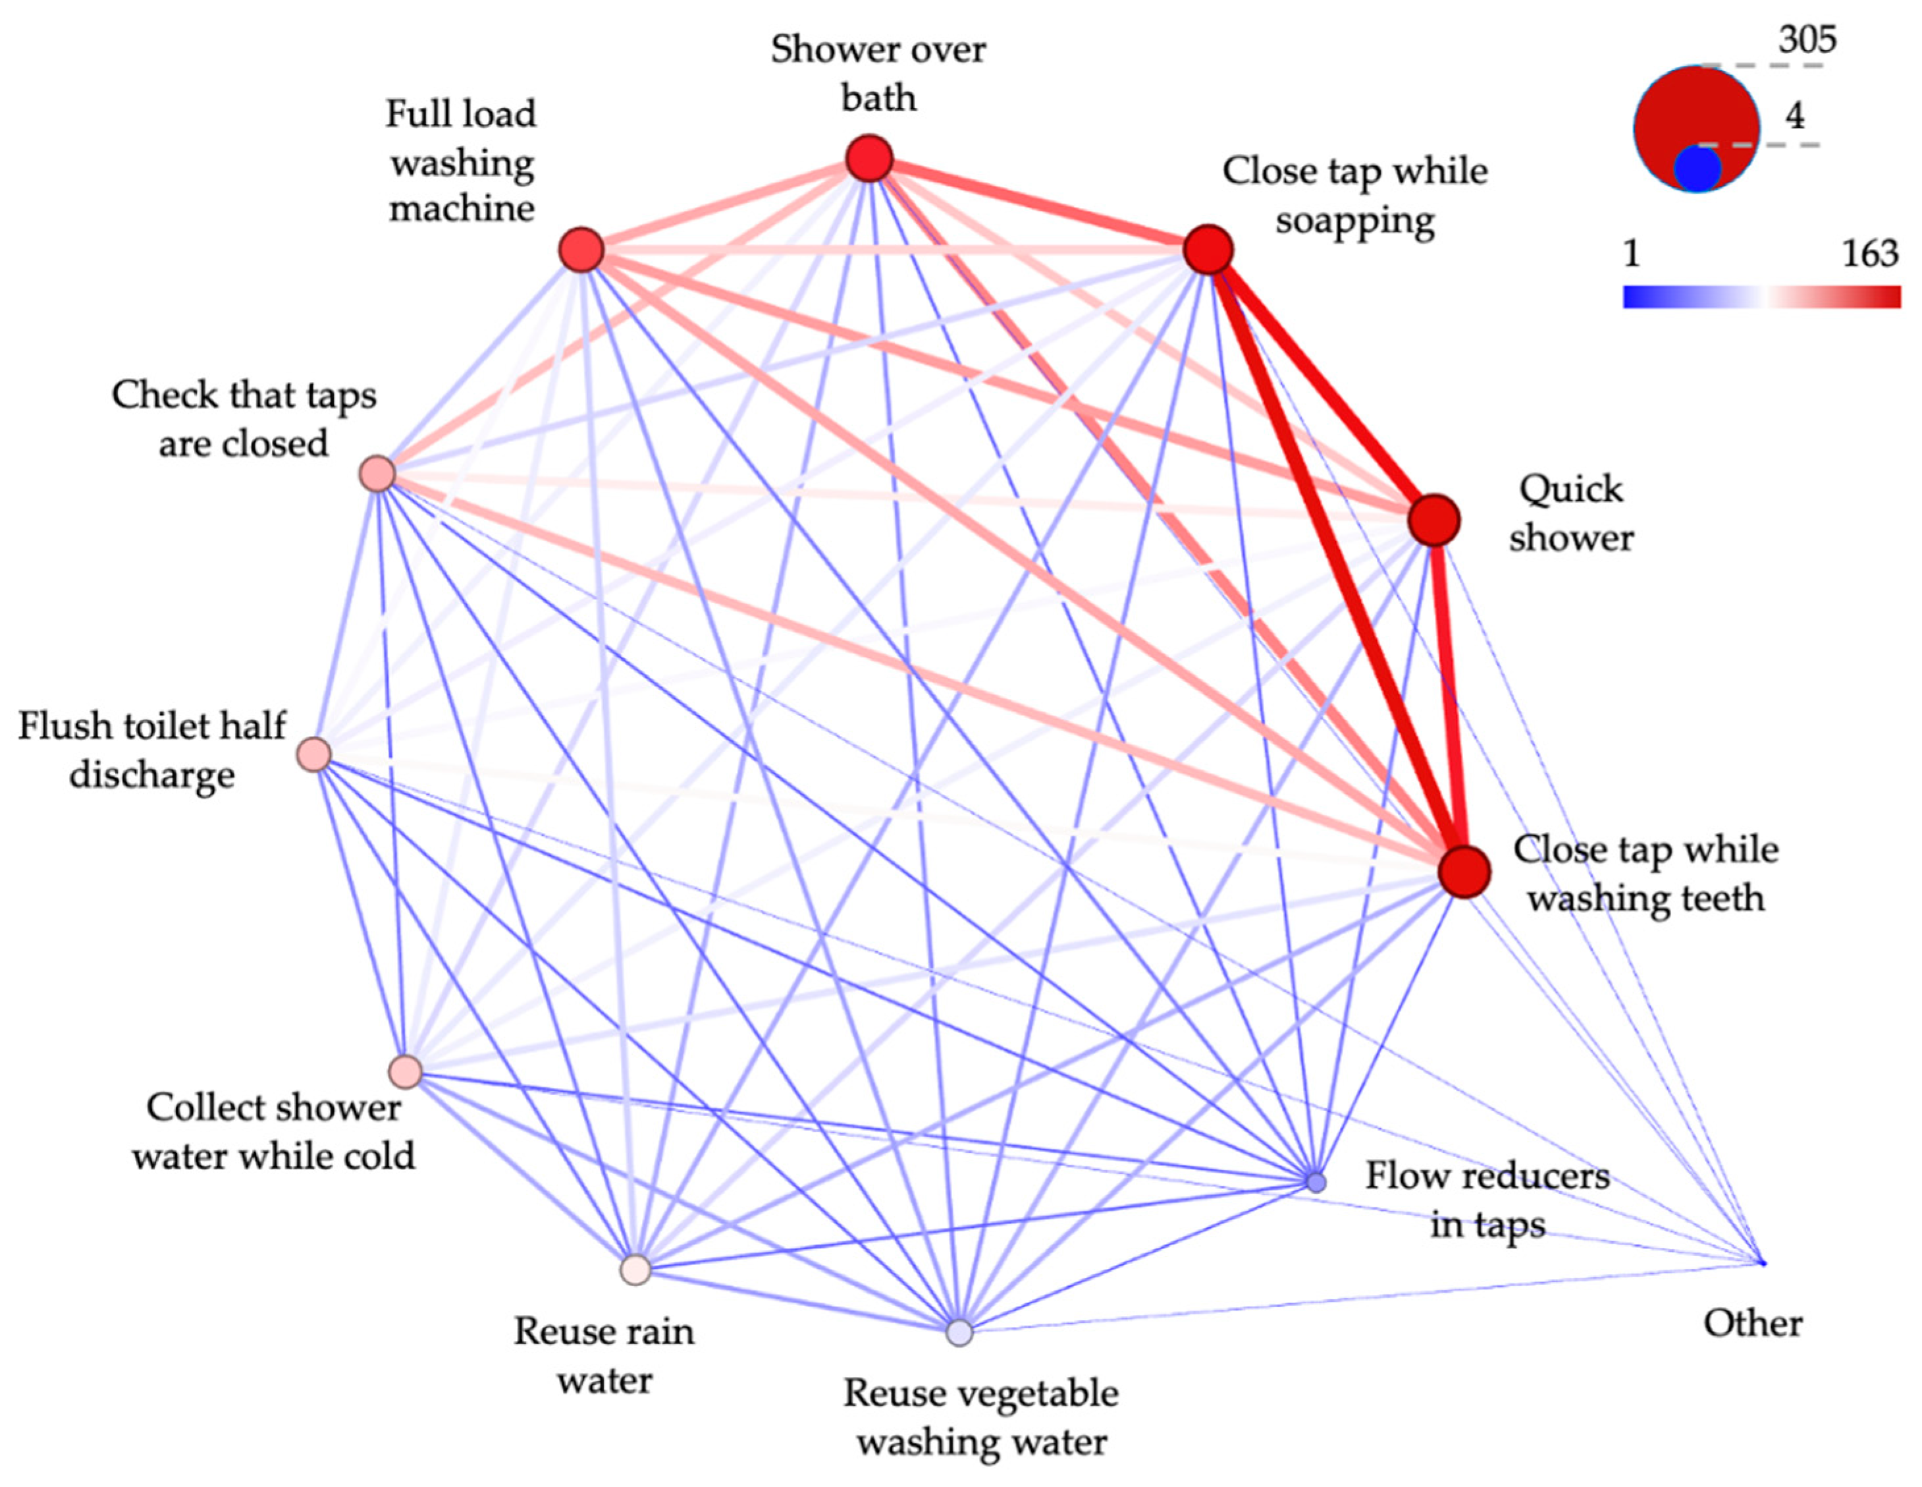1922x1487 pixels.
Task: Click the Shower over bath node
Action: click(868, 159)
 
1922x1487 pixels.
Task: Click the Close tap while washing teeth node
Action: click(1464, 872)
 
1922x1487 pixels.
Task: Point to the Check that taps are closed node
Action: click(377, 474)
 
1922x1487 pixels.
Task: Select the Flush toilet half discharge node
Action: click(314, 754)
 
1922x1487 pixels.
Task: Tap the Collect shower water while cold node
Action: click(406, 1071)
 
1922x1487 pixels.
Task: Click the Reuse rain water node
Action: click(635, 1270)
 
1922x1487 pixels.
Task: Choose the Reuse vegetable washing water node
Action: click(959, 1333)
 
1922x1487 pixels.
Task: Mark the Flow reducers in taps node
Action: click(1316, 1181)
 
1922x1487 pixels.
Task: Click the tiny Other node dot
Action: click(1763, 1264)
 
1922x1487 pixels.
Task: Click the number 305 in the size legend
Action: click(1807, 40)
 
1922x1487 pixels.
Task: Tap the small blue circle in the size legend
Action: click(1697, 169)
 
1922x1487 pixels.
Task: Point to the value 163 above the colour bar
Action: click(1871, 254)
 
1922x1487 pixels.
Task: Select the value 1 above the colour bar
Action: click(1632, 254)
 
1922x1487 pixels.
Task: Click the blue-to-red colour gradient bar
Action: click(1761, 296)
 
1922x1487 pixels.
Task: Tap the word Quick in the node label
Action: click(1571, 490)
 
